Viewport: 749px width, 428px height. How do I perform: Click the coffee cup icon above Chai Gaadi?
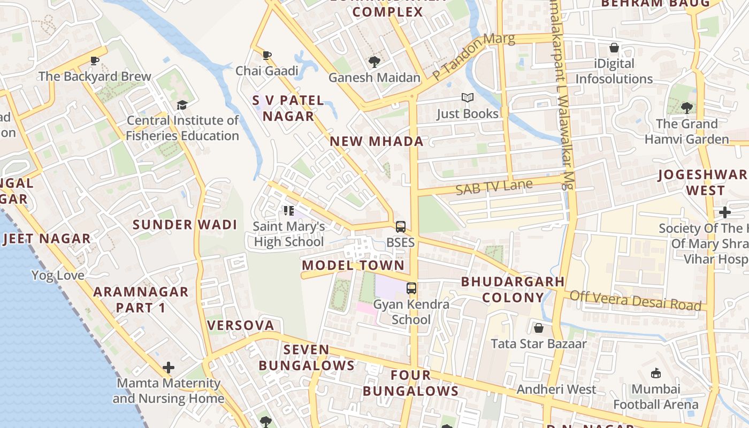[267, 55]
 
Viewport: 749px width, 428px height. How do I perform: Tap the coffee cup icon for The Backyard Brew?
[95, 60]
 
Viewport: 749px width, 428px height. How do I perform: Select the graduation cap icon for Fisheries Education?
[182, 105]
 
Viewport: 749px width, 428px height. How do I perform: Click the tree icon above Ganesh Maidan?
[374, 62]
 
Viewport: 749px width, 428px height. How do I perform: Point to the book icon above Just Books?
[468, 98]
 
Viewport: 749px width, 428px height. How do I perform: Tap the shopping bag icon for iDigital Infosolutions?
[614, 48]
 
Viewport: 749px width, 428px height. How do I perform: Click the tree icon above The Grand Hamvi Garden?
[687, 108]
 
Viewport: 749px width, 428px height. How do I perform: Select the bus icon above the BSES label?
[401, 227]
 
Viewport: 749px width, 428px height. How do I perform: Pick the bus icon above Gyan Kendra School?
[411, 288]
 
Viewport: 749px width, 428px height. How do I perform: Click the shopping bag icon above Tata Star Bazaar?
[539, 327]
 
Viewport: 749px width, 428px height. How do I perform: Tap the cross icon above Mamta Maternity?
[169, 368]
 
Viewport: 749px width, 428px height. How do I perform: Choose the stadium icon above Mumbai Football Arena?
[656, 373]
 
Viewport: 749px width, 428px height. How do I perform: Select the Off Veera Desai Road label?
[635, 300]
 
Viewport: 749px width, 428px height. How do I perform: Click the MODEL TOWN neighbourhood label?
[353, 265]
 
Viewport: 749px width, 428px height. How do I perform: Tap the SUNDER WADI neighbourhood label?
[185, 225]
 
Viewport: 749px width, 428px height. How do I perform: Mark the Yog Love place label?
[58, 276]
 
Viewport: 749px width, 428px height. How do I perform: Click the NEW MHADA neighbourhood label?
[377, 142]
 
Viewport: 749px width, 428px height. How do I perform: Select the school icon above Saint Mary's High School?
[289, 211]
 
